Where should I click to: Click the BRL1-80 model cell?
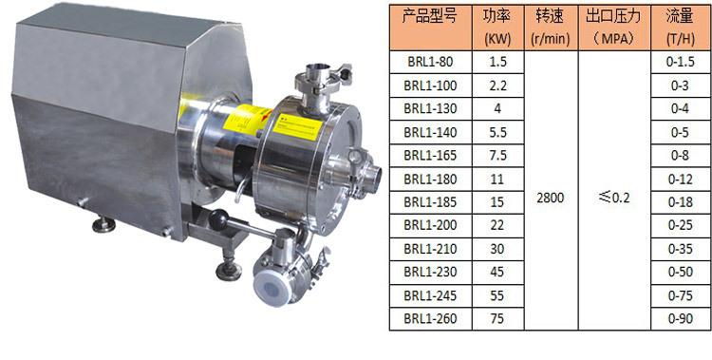430,63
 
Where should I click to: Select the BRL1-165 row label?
430,156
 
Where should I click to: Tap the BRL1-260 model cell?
430,318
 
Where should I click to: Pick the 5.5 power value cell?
497,132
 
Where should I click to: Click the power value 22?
497,225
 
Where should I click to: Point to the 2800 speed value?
551,198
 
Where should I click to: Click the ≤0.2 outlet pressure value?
614,198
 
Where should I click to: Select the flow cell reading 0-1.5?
681,63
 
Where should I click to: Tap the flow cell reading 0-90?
681,318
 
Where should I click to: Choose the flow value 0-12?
681,180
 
